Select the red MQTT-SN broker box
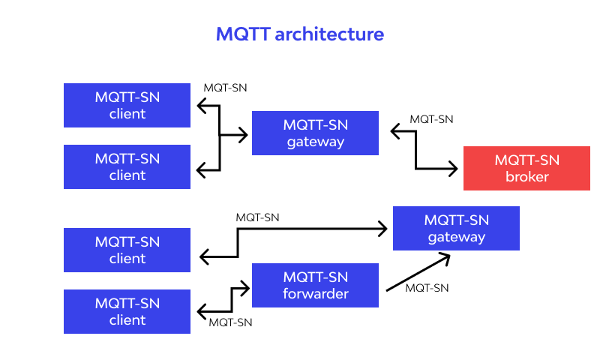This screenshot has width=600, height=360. pos(526,168)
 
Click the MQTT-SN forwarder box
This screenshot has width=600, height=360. pos(315,285)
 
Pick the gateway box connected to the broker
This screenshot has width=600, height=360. pos(315,133)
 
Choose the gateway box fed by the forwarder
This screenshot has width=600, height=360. pos(456,228)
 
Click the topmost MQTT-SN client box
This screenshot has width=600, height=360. pos(127,105)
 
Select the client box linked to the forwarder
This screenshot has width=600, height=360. pos(127,311)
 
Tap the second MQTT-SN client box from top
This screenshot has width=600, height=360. pos(127,166)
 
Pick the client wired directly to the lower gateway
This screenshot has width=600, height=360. pos(127,250)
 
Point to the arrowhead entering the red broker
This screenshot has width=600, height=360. pos(452,169)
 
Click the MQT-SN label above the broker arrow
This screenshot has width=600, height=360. pos(431,118)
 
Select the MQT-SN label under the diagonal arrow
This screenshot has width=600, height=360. pos(427,287)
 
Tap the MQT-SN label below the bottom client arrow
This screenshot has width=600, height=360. pos(230,322)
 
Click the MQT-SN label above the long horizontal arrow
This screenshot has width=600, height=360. pos(257,217)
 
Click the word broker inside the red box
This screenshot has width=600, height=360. pos(526,177)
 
